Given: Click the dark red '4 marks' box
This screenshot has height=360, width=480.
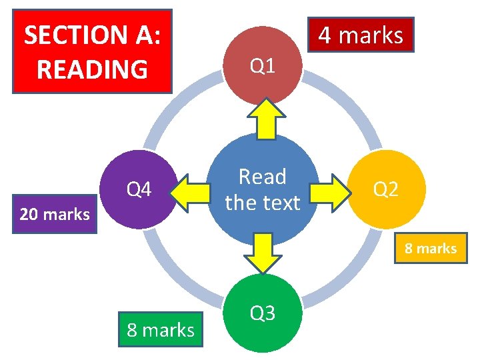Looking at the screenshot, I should point(361,35).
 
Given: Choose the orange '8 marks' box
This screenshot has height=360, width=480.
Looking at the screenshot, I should point(431,249).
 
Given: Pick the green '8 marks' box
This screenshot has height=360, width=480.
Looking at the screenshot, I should point(161,329).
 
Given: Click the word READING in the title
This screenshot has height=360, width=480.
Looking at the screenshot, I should point(92,69).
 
